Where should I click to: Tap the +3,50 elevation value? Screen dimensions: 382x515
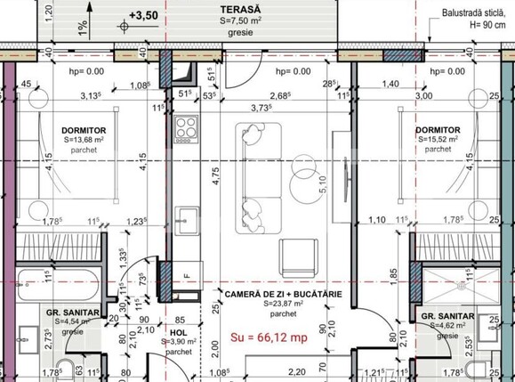(x=143, y=15)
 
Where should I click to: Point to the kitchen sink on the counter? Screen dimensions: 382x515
(x=185, y=217)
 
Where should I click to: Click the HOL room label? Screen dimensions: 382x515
(x=178, y=330)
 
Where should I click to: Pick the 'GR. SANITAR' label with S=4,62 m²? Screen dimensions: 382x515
(x=439, y=316)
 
